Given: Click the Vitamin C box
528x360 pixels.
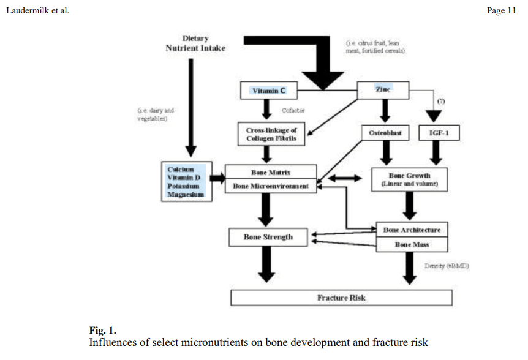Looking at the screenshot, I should [268, 91].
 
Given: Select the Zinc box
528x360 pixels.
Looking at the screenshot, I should [383, 90].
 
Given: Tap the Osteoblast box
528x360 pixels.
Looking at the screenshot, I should [385, 133].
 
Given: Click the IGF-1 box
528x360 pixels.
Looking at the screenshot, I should [437, 133].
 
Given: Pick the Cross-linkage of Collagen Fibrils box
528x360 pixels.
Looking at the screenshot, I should [271, 134].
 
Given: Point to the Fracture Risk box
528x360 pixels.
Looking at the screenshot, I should [341, 298].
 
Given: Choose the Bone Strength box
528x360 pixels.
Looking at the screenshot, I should [268, 237].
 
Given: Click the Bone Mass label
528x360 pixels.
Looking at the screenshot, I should [412, 245].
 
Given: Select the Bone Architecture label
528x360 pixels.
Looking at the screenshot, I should [412, 230].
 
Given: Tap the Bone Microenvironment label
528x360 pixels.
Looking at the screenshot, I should [271, 186].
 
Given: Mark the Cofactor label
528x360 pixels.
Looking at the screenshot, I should [293, 111].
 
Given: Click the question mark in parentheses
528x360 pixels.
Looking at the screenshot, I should [441, 101].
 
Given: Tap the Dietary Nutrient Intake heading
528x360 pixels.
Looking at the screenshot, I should [195, 43].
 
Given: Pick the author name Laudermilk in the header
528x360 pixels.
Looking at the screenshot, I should [25, 10].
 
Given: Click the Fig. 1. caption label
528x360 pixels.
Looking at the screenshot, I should [103, 331].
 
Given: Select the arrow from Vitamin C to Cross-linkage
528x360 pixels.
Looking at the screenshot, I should [266, 110].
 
